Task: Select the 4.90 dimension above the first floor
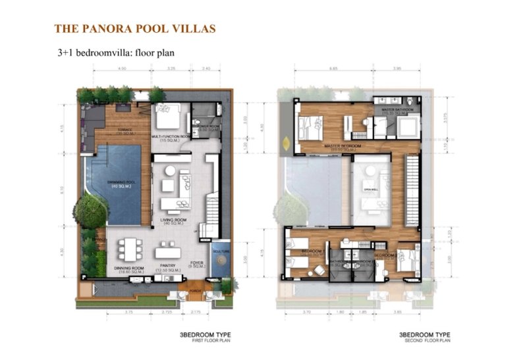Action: coord(122,68)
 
